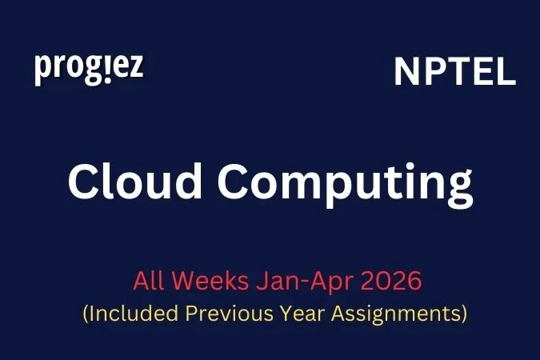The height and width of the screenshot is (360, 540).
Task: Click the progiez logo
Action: click(x=89, y=69)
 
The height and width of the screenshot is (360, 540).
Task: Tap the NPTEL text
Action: click(x=454, y=73)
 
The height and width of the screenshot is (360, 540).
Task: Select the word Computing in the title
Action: click(x=342, y=184)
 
